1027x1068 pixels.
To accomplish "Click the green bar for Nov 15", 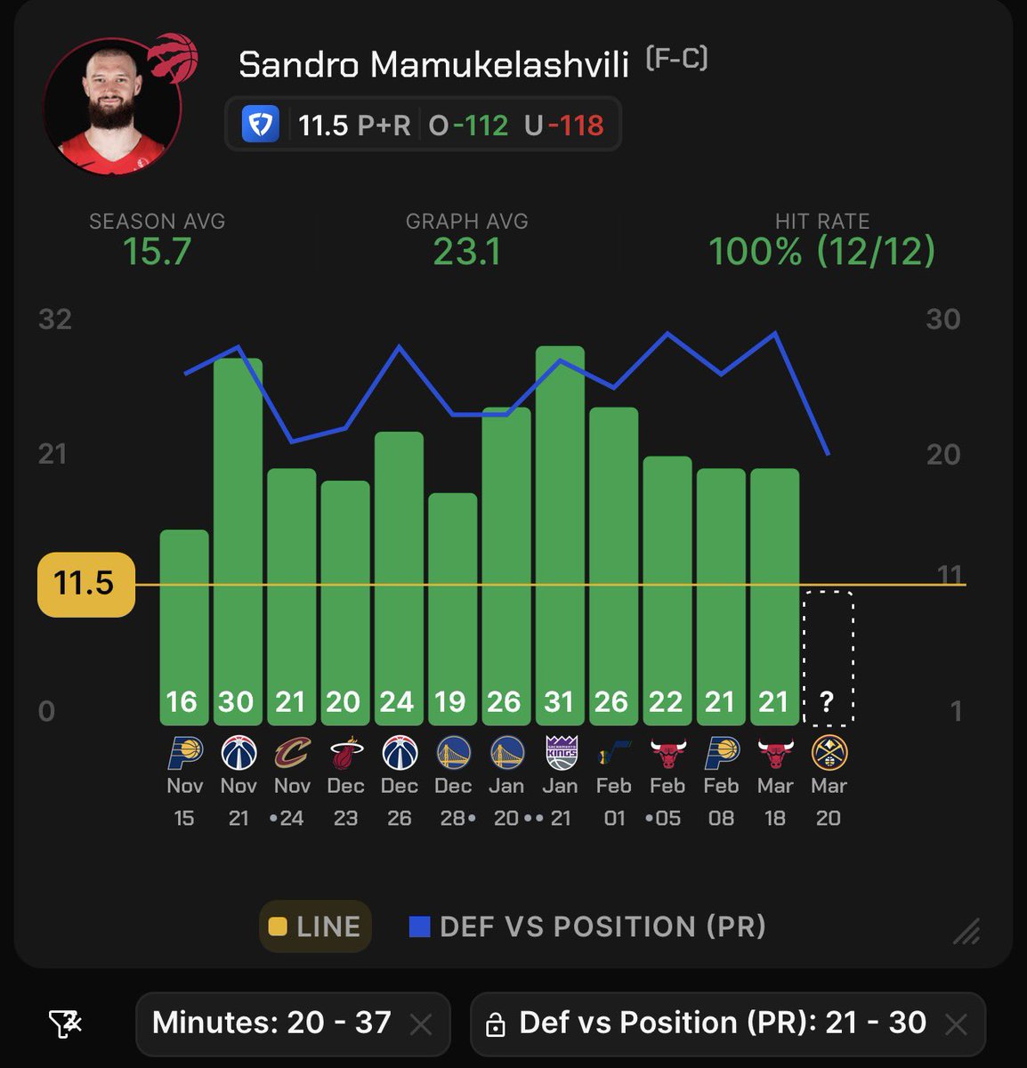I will click(184, 623).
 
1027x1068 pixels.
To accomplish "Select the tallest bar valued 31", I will click(560, 534).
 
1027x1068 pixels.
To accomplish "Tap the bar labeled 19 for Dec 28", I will click(452, 605).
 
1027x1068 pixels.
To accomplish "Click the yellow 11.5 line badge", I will click(85, 584).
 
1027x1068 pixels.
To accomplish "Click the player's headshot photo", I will click(113, 107).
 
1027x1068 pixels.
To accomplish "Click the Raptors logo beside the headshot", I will click(173, 58).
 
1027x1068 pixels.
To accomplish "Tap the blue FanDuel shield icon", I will click(261, 125).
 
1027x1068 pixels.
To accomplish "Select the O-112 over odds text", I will click(468, 125).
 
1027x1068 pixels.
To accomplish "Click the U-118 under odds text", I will click(564, 125).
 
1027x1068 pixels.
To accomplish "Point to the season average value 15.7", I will click(157, 252).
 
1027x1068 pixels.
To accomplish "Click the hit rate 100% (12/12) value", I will click(821, 252).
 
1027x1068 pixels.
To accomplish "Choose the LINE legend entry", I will click(315, 926).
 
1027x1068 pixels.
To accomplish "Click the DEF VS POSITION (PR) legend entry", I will click(588, 926).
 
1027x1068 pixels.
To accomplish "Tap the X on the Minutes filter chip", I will click(421, 1024).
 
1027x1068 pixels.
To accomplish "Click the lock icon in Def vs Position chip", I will click(495, 1025).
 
